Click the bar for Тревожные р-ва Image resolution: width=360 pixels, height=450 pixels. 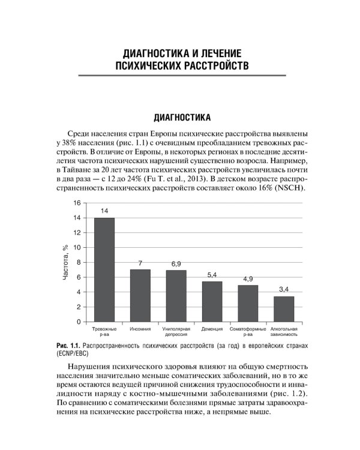coord(104,269)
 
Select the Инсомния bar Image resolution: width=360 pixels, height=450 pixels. coord(140,295)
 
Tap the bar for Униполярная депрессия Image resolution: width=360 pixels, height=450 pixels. coord(176,296)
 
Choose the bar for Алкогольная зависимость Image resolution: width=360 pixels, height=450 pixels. coord(284,309)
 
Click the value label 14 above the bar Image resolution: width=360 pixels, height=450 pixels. coord(104,211)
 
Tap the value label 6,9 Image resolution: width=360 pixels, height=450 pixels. coord(176,264)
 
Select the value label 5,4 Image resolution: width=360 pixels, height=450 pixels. coord(212,275)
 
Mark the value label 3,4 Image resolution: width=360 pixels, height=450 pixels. coord(284,290)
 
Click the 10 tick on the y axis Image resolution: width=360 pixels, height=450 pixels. coord(76,248)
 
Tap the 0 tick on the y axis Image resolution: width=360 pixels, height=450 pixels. coord(78,322)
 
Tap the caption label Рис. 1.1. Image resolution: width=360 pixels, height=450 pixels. coord(67,346)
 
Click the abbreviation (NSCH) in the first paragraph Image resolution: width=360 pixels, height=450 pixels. coord(290,188)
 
